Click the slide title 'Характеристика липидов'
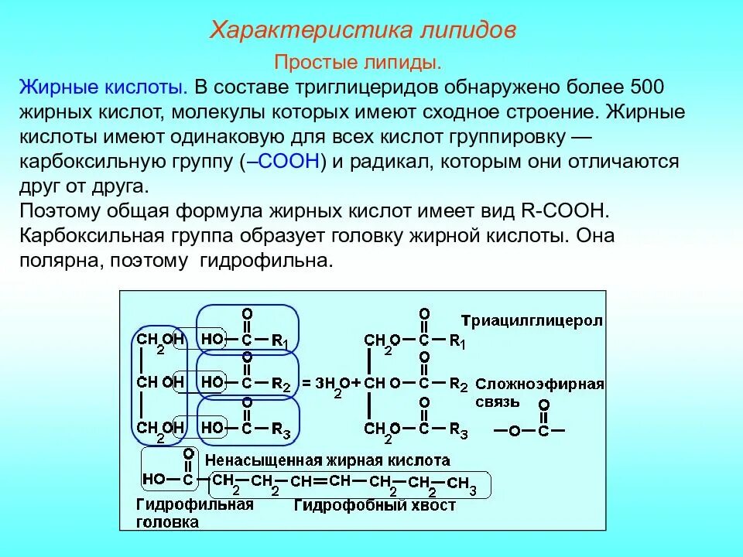(364, 31)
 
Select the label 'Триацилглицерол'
(532, 320)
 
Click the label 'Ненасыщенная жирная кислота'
(328, 460)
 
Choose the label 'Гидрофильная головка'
(194, 513)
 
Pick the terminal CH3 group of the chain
(461, 484)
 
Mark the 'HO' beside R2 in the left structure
(211, 381)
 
